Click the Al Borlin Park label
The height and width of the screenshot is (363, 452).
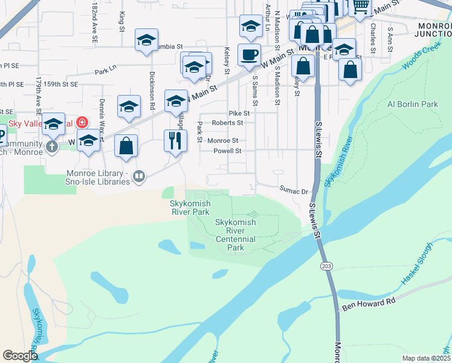(413, 104)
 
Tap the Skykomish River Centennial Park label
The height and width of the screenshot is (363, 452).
(236, 235)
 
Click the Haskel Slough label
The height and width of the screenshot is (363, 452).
(418, 263)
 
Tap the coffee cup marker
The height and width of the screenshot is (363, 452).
(249, 54)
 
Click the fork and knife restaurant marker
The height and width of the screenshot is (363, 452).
(176, 142)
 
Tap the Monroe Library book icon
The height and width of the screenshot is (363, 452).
(140, 177)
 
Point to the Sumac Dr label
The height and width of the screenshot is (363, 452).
(294, 189)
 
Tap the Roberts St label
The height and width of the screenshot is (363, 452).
(227, 122)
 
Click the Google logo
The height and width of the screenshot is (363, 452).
(20, 356)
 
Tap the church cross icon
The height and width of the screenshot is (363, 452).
(53, 146)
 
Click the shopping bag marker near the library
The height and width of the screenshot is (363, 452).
(126, 146)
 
